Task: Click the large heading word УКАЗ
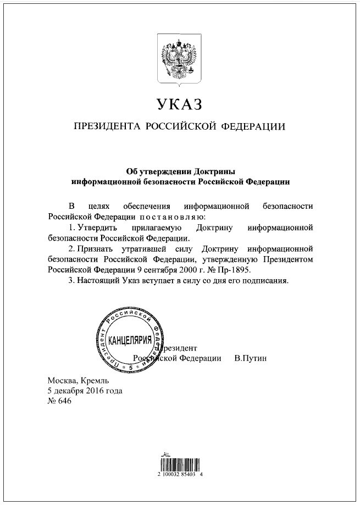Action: [x=180, y=104]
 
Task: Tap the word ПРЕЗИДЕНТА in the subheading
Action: [x=107, y=127]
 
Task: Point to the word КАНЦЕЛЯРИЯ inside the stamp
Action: [x=130, y=341]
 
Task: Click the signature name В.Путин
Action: [x=250, y=358]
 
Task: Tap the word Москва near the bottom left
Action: [x=63, y=380]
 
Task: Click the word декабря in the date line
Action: [x=71, y=391]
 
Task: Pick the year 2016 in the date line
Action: [x=97, y=391]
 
